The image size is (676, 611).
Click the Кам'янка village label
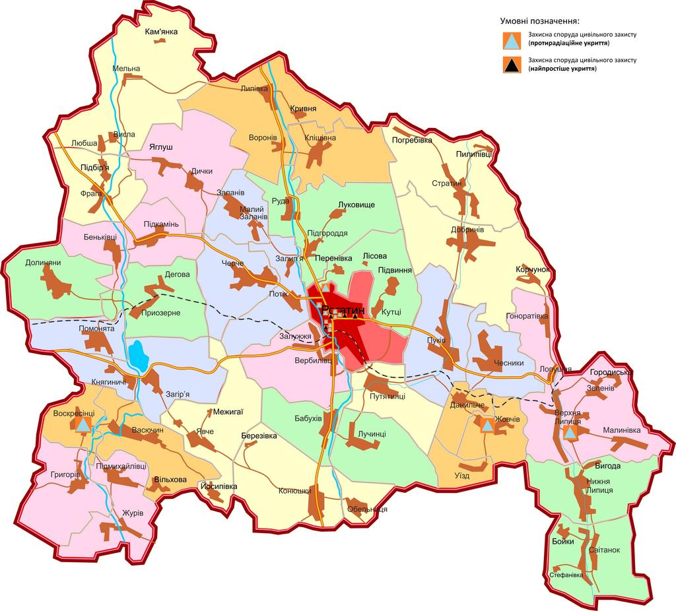(x=162, y=31)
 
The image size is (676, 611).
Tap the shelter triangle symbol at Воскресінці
(x=83, y=426)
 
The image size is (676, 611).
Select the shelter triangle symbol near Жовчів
(x=487, y=426)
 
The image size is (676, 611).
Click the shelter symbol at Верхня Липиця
(x=570, y=433)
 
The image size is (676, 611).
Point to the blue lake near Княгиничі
(x=138, y=356)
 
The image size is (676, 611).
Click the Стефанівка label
(x=566, y=575)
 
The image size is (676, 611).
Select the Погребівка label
(x=412, y=140)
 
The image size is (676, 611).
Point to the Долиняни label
(x=43, y=263)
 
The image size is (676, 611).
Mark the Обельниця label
(x=366, y=509)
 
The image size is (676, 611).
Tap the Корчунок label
(x=532, y=270)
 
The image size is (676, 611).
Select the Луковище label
(x=356, y=205)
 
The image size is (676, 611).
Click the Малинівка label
(x=622, y=430)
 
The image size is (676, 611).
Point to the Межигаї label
(x=228, y=412)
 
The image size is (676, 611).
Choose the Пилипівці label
(x=473, y=154)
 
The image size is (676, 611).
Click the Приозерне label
(x=160, y=314)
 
